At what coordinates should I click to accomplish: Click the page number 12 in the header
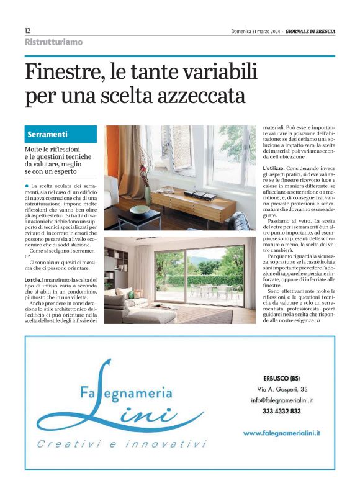28,30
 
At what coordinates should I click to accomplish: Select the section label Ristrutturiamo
53,42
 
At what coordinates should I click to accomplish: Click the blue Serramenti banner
61,134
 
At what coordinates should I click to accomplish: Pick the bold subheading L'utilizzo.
276,168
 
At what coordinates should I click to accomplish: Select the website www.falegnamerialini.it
286,433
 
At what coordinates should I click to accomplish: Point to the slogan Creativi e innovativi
121,444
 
